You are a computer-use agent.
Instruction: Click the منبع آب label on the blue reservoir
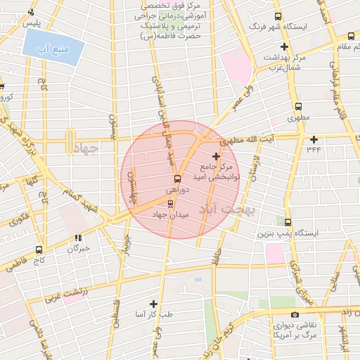(x=53, y=49)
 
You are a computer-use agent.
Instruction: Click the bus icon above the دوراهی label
(x=176, y=179)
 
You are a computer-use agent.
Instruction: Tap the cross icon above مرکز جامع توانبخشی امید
(x=216, y=155)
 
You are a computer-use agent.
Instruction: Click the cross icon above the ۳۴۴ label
(x=314, y=139)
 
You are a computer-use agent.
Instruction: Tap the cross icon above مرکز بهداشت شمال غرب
(x=285, y=46)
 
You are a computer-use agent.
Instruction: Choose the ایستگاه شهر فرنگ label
(x=304, y=27)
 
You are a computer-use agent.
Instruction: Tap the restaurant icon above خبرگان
(x=78, y=238)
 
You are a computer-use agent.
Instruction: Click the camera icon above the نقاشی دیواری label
(x=295, y=315)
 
